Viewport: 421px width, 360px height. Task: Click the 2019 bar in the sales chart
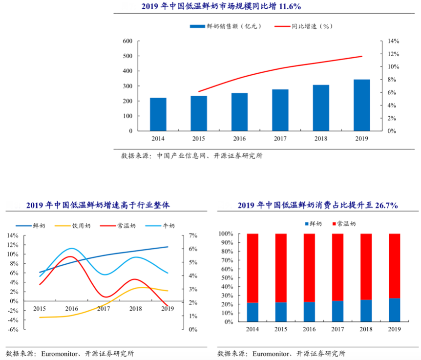coord(362,105)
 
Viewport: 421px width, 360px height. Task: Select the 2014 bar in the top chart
coord(158,114)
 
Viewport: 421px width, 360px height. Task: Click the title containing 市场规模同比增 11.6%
coord(221,6)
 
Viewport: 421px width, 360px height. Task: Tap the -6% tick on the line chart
coord(13,329)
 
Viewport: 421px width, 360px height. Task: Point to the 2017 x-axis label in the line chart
coord(103,309)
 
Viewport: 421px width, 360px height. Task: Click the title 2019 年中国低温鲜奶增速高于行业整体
coord(98,205)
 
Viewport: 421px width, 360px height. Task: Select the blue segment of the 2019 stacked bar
coord(394,310)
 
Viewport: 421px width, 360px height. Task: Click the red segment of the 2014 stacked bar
coord(253,268)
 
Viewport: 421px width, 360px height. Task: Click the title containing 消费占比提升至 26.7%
coord(317,205)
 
